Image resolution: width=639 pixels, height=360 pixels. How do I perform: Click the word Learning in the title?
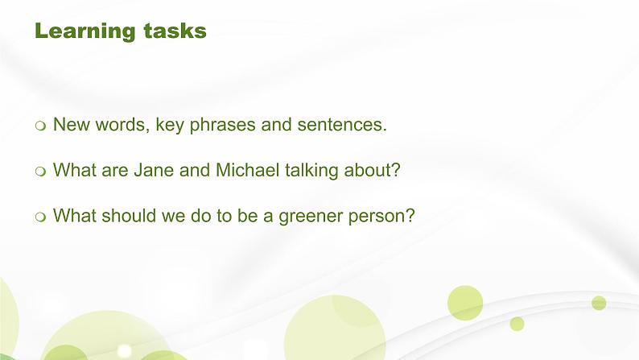[x=85, y=31]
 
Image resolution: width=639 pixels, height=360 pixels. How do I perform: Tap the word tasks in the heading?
[x=175, y=31]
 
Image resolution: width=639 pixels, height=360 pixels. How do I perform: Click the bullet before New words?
[x=40, y=126]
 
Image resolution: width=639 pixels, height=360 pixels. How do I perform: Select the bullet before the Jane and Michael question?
[x=40, y=172]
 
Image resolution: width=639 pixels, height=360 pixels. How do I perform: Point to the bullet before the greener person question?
[x=40, y=217]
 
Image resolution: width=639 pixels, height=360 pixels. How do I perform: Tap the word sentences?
[x=340, y=125]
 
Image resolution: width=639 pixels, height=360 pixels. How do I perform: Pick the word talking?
[x=311, y=171]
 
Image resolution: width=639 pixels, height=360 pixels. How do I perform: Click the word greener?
[x=311, y=217]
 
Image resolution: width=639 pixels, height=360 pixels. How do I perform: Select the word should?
[x=129, y=215]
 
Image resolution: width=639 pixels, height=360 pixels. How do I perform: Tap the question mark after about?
[x=395, y=170]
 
